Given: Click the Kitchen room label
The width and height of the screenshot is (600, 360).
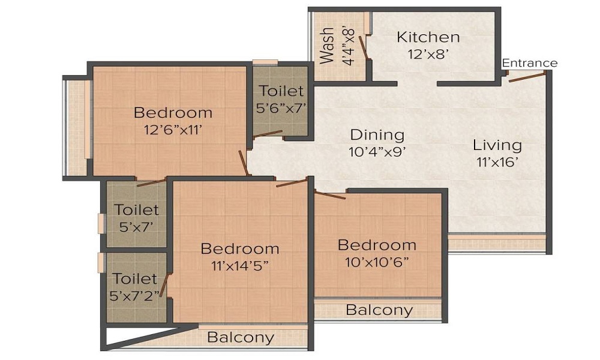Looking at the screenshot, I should [428, 37].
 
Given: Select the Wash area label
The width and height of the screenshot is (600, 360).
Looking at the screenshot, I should [327, 45].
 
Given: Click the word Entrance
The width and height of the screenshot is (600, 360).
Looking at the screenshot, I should [529, 63].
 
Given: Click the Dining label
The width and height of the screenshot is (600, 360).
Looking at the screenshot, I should [377, 134].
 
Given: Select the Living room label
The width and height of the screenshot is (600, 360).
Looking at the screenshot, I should [497, 145].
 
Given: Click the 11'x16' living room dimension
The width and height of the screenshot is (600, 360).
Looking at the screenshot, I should [497, 161].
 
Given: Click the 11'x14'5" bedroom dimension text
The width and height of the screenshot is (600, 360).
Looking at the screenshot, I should [239, 265].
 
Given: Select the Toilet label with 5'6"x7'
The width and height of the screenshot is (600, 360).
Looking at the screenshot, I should [281, 91].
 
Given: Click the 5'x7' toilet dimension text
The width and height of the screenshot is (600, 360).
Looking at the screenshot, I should [137, 227].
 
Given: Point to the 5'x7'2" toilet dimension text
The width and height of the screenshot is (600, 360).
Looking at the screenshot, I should [137, 295].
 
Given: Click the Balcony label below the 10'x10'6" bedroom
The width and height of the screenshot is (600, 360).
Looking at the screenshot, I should [379, 310].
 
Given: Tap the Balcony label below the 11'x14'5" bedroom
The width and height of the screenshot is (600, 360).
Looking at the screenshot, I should [240, 337].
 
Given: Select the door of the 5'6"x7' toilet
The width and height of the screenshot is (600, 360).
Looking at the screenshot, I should [267, 134].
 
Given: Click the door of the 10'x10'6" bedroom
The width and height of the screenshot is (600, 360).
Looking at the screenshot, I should [330, 194].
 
